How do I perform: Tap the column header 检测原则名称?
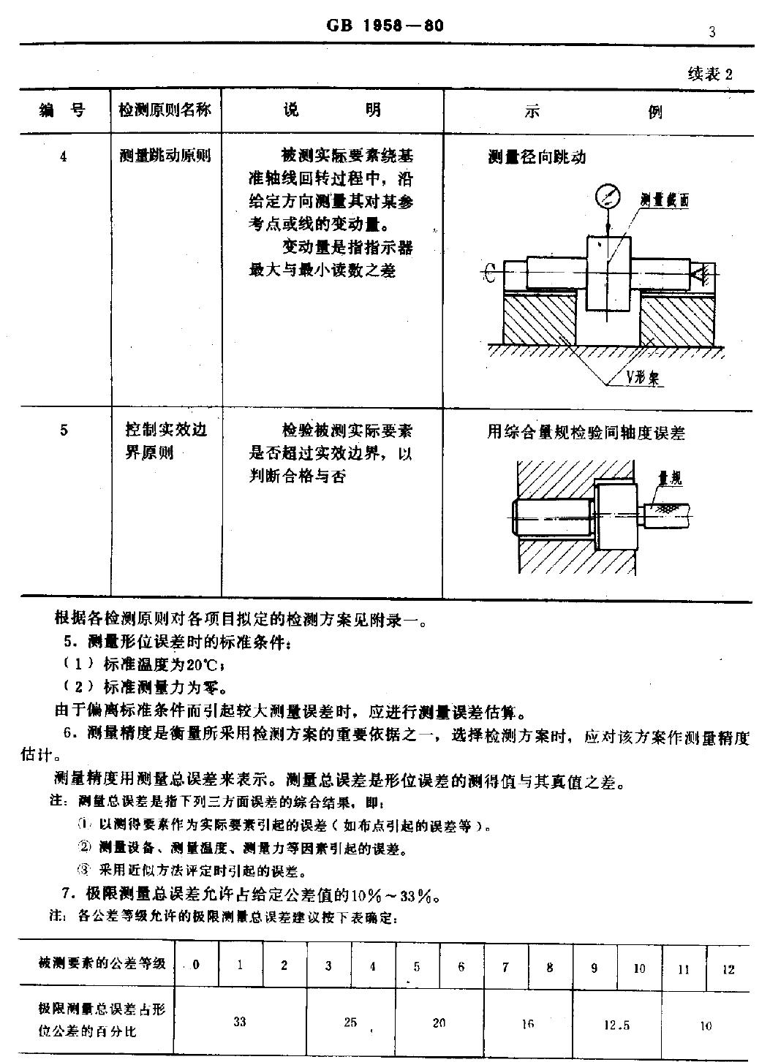tap(165, 110)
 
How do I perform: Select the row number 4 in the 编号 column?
tap(64, 156)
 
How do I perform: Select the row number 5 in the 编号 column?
tap(64, 431)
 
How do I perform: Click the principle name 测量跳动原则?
tap(165, 156)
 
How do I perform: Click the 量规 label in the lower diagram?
tap(670, 479)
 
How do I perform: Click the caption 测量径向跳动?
tap(537, 157)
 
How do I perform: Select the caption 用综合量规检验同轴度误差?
tap(586, 433)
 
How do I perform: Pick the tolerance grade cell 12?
tap(728, 969)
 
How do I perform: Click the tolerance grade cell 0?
tap(196, 965)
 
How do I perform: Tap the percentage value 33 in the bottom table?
tap(240, 1022)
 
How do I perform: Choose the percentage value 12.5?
tap(616, 1025)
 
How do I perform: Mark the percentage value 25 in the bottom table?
tap(350, 1022)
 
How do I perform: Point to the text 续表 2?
tap(709, 74)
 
